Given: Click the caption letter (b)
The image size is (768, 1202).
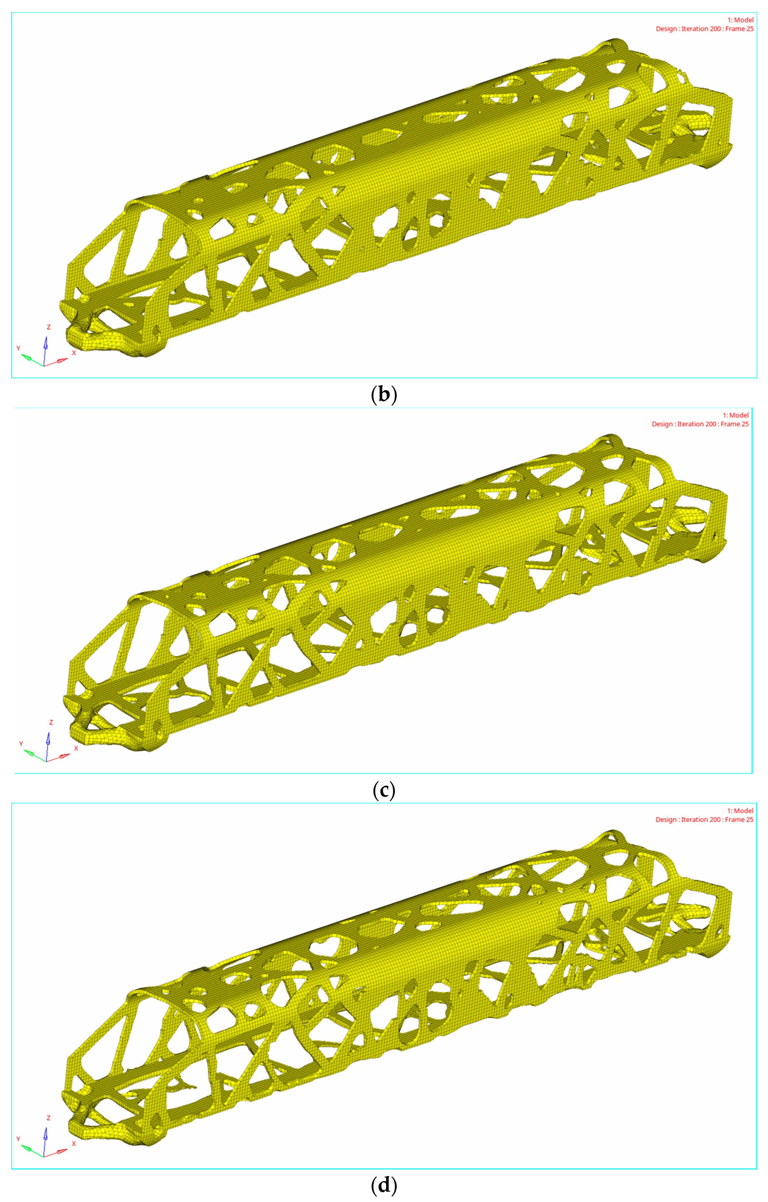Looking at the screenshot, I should pos(384,395).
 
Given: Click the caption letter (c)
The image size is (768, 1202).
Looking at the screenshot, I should pos(384,790).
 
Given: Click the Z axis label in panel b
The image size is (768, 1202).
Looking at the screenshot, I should pos(48,327).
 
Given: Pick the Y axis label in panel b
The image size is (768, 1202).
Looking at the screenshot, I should pos(18,348).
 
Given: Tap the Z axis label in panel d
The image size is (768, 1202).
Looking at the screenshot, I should pos(48,1118).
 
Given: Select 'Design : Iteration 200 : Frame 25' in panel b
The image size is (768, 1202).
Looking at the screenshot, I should pos(704,29).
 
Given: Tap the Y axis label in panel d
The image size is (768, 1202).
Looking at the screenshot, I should pos(18,1139).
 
